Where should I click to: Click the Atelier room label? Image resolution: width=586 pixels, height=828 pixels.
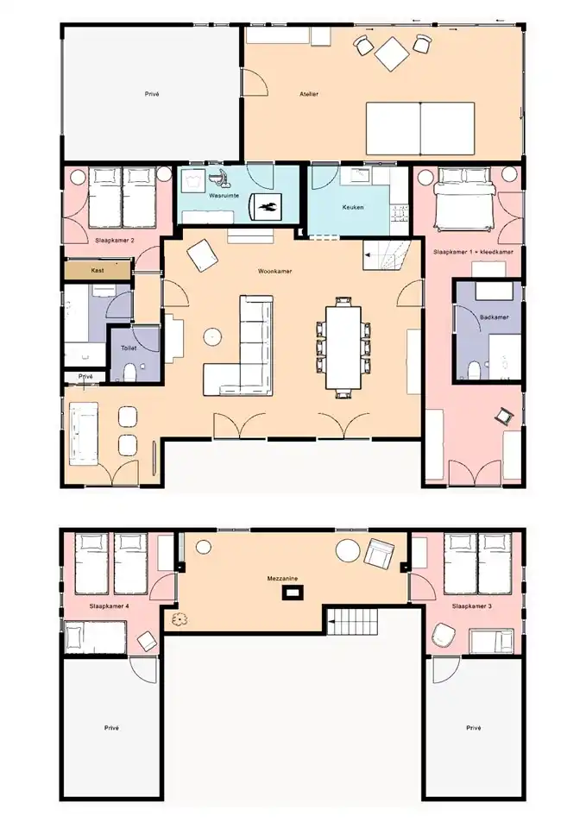[309, 94]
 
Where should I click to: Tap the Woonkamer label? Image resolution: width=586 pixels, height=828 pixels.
[274, 271]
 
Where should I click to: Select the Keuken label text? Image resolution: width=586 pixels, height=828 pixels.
[352, 208]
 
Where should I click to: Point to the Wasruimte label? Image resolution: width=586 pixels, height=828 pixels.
[224, 196]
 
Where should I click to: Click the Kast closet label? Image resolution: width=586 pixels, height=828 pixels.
[98, 270]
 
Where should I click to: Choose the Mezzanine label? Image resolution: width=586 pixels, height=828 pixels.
[282, 578]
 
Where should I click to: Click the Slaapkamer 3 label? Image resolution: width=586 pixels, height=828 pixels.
[472, 606]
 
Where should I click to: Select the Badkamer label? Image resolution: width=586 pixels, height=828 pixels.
[495, 317]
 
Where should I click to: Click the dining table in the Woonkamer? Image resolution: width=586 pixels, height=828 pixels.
[343, 347]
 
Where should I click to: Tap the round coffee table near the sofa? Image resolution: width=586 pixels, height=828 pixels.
[212, 336]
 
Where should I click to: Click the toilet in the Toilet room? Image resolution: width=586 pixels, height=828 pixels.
[129, 373]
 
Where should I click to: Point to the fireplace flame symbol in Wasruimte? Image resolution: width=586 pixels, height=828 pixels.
[267, 205]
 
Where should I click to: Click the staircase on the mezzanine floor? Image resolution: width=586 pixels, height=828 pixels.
[352, 622]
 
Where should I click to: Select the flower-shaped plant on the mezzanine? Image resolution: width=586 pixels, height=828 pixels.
[180, 619]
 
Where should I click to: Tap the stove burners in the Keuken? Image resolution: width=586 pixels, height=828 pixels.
[400, 213]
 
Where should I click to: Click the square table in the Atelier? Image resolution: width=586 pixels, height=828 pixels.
[392, 53]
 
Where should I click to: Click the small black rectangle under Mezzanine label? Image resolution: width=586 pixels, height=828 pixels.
[292, 593]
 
